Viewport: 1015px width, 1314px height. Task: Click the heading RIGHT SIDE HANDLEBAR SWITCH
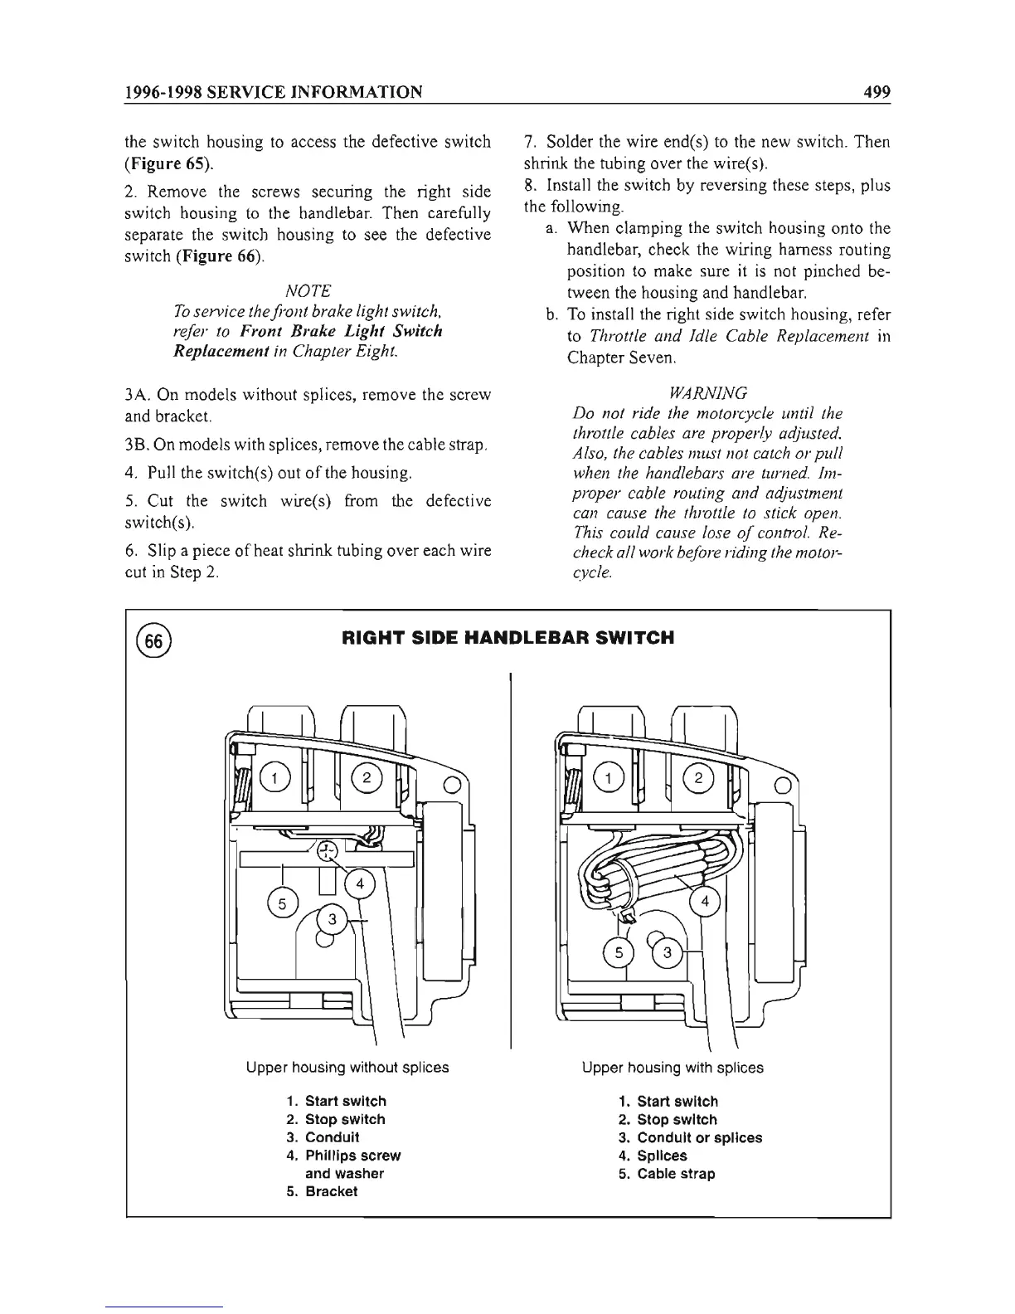pyautogui.click(x=508, y=638)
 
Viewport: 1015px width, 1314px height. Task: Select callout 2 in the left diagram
pyautogui.click(x=365, y=777)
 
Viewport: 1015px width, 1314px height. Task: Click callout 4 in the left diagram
pyautogui.click(x=360, y=883)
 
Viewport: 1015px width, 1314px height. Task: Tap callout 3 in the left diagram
pyautogui.click(x=333, y=918)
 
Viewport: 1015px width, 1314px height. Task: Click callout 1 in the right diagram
pyautogui.click(x=609, y=777)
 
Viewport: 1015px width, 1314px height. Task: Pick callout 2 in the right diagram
pyautogui.click(x=698, y=777)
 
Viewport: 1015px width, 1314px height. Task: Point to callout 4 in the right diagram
pyautogui.click(x=706, y=901)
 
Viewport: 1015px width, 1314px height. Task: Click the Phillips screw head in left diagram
pyautogui.click(x=328, y=849)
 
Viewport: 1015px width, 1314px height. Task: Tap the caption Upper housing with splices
pyautogui.click(x=673, y=1068)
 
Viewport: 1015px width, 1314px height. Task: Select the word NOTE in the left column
pyautogui.click(x=307, y=290)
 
